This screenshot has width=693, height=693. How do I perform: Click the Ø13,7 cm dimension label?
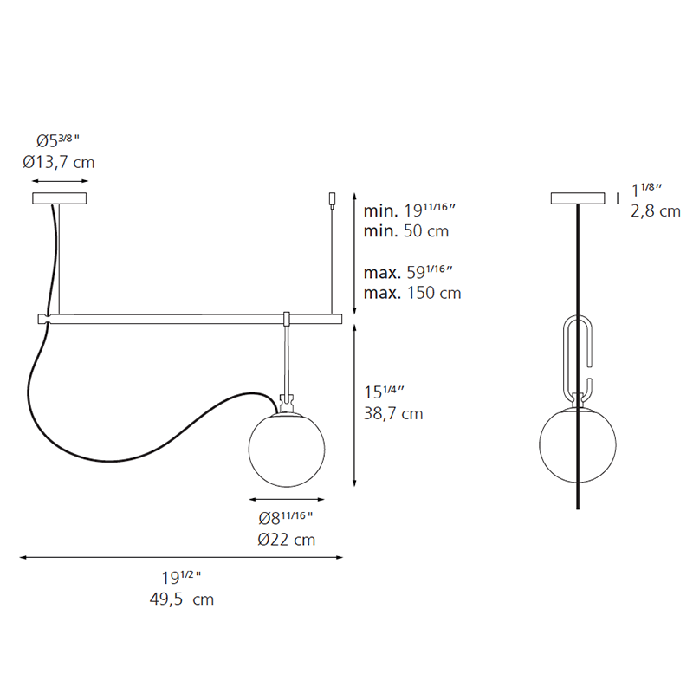pyautogui.click(x=60, y=162)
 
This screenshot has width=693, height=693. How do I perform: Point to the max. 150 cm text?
pyautogui.click(x=411, y=293)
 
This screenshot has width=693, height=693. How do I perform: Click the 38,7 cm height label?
pyautogui.click(x=393, y=414)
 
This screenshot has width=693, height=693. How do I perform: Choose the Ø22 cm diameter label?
pyautogui.click(x=287, y=540)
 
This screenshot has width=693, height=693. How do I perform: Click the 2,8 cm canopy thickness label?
pyautogui.click(x=656, y=211)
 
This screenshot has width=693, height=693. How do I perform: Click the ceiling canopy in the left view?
pyautogui.click(x=60, y=199)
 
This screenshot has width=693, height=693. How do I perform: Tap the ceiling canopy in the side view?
pyautogui.click(x=578, y=199)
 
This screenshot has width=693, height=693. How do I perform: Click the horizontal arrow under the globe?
pyautogui.click(x=287, y=500)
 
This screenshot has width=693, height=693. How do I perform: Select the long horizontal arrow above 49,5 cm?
pyautogui.click(x=182, y=558)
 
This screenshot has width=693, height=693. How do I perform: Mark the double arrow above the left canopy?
pyautogui.click(x=60, y=182)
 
